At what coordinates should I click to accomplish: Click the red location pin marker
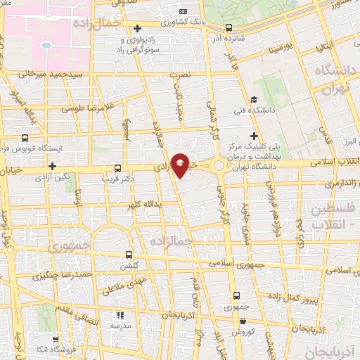(181, 164)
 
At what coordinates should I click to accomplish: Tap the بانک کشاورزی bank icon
(183, 12)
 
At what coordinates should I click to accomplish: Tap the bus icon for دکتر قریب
(117, 169)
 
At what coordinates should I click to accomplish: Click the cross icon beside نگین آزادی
(53, 166)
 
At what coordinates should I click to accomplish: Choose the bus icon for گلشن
(128, 255)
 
